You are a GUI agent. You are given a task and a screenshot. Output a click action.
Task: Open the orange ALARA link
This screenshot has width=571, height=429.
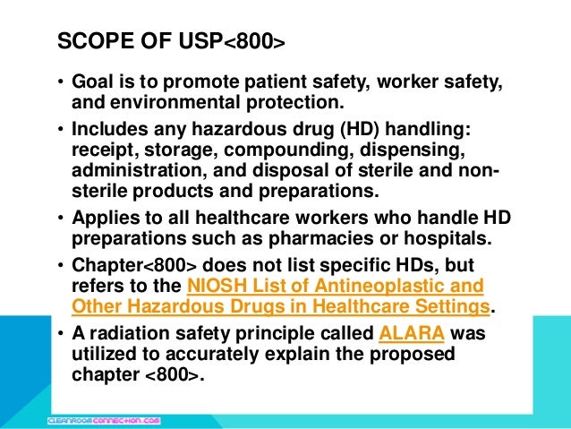411,336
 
